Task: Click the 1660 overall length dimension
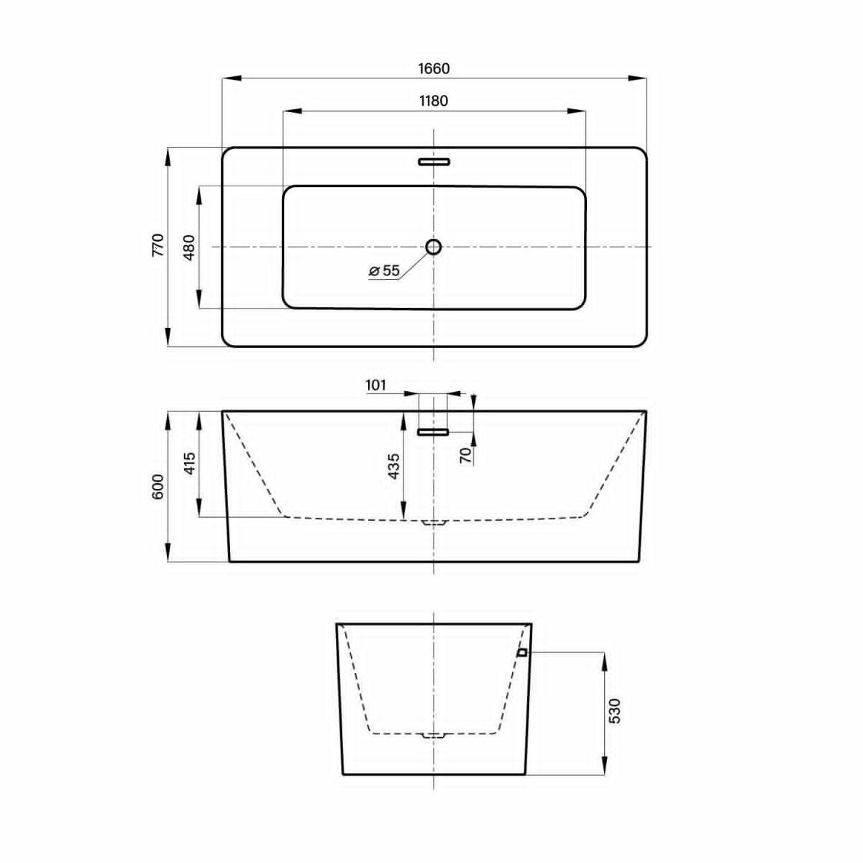pos(434,68)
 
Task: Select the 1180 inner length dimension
pos(434,101)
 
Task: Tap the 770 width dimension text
pos(159,245)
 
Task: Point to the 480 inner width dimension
pos(189,247)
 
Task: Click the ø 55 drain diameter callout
pos(384,270)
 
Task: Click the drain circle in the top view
pos(434,247)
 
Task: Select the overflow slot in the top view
pos(434,162)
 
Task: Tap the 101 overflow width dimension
pos(375,385)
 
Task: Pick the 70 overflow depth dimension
pos(466,455)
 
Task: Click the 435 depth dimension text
pos(393,466)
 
